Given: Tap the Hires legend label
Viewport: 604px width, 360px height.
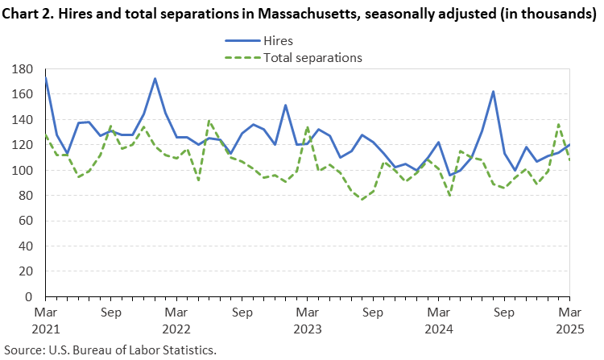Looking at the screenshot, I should point(279,41).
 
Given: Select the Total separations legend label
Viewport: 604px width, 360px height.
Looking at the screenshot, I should point(312,57).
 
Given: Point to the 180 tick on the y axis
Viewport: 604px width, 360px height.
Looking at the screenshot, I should point(22,69).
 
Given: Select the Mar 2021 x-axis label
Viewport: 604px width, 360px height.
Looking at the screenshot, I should point(44,318).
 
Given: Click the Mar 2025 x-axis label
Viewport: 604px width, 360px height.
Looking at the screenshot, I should point(570,318).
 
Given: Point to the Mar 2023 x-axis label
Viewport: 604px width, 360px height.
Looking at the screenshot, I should point(308,318).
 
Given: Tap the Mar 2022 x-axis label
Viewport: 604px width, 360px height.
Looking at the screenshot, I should point(176,318).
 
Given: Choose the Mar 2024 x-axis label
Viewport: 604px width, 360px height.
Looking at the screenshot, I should point(439,318).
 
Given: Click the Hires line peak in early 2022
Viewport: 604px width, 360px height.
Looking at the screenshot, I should point(155,79).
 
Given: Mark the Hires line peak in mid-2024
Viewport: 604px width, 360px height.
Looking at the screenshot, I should point(493,92).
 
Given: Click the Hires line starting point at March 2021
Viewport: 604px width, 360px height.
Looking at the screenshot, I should point(45,77).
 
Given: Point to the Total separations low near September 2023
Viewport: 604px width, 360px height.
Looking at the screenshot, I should point(362,200).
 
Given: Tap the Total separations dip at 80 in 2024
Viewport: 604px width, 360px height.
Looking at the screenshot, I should point(449,196).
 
